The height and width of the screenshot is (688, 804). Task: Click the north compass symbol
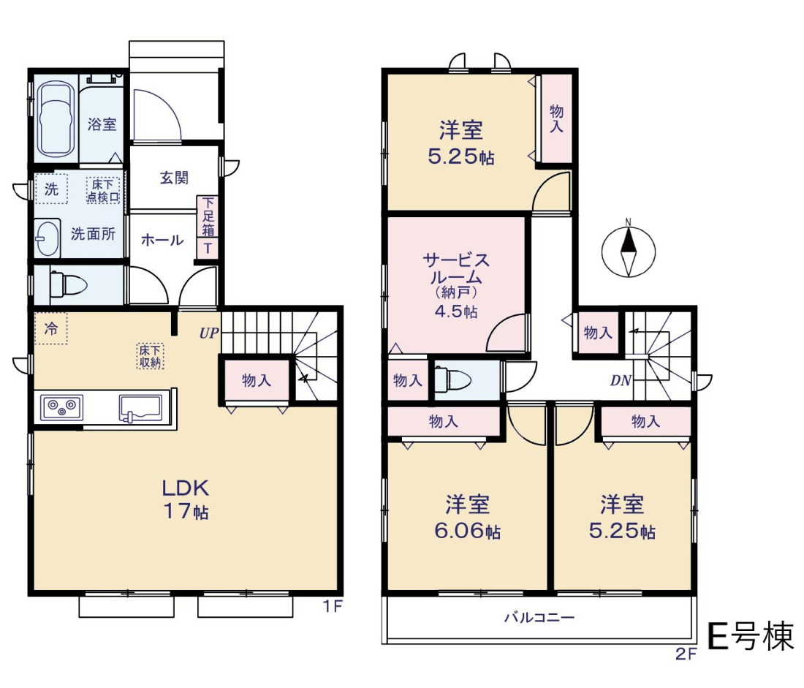click(628, 250)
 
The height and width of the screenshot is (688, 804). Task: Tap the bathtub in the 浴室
click(54, 121)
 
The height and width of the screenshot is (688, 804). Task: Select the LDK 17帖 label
click(186, 499)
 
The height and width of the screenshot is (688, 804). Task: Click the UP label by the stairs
click(209, 333)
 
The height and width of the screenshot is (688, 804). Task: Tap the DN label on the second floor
click(621, 381)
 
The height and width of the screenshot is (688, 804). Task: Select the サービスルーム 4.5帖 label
click(456, 285)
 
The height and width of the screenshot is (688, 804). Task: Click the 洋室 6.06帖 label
click(467, 517)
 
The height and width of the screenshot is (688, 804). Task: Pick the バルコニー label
click(539, 617)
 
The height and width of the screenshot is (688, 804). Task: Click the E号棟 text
click(750, 636)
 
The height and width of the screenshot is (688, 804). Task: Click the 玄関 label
click(175, 178)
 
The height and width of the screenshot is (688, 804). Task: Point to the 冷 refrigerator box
click(50, 328)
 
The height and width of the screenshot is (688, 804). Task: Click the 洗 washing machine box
click(51, 189)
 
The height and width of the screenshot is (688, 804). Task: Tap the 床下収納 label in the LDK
click(151, 356)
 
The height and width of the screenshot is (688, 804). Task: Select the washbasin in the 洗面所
click(48, 238)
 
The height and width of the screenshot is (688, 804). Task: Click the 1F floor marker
click(333, 606)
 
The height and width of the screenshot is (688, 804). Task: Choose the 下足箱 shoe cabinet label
click(208, 216)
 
